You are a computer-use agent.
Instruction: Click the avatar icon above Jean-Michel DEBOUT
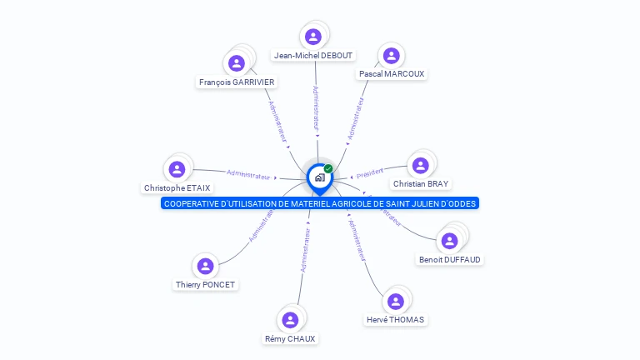[313, 37]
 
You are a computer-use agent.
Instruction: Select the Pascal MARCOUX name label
[392, 74]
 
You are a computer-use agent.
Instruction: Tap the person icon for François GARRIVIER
[237, 63]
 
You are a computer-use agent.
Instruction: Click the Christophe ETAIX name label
[177, 188]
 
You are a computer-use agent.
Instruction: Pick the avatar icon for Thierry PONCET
[206, 266]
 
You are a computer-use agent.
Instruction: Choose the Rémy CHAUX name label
[290, 339]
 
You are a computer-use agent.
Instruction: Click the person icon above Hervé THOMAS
[396, 301]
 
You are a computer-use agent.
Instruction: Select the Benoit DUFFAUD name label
[450, 260]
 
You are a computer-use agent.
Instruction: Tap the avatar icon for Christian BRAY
[421, 165]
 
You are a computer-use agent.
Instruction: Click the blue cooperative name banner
[320, 203]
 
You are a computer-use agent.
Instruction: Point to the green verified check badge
[328, 168]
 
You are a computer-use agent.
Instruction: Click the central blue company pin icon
[319, 177]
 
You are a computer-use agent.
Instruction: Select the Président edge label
[369, 173]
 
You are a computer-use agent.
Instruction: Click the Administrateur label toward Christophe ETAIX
[248, 175]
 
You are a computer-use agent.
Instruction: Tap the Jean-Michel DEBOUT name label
[313, 56]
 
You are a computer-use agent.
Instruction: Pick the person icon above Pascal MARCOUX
[392, 56]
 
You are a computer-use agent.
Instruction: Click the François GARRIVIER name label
[237, 82]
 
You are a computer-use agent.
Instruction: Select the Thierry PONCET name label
[206, 285]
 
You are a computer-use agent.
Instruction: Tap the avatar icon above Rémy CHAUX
[290, 320]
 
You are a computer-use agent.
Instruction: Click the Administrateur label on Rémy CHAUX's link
[306, 250]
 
